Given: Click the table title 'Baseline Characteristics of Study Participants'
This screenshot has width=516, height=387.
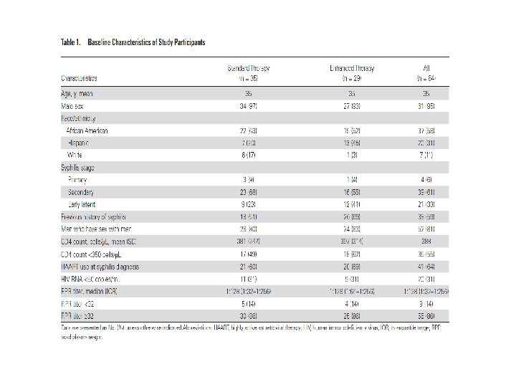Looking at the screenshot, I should pos(146,42).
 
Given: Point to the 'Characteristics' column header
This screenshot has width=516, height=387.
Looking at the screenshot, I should pos(79,77).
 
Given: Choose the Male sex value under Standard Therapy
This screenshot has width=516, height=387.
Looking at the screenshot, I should pos(247,105).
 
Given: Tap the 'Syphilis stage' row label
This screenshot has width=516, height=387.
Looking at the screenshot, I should pos(78,167).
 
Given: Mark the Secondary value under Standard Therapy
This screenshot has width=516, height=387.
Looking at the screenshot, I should pos(247,192).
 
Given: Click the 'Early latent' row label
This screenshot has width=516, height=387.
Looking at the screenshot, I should pos(81,205).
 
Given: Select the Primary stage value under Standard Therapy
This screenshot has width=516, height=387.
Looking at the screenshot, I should pos(247,180).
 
